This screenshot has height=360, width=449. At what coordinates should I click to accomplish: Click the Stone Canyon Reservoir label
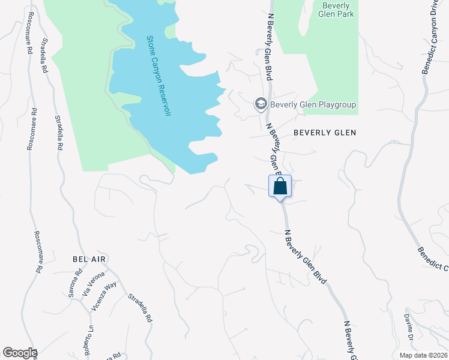coord(158,76)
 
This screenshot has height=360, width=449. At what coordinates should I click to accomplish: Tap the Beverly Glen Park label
coord(336,10)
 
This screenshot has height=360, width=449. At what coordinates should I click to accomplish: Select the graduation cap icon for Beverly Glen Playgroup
coord(261,104)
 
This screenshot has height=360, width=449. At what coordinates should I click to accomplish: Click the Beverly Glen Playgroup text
coord(313,104)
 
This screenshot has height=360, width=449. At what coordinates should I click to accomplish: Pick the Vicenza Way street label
coord(103,296)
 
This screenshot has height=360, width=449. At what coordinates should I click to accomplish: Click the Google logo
coord(19,353)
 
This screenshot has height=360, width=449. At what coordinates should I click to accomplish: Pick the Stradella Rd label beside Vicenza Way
coord(140,308)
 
